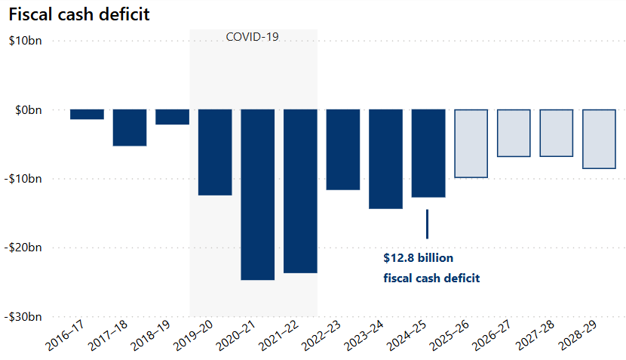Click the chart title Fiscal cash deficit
(67, 13)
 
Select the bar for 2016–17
(87, 115)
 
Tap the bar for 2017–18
(130, 128)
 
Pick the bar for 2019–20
(215, 152)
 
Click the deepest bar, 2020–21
(257, 195)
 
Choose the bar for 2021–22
(300, 191)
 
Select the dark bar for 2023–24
(385, 158)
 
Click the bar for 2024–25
(428, 153)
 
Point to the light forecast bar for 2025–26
(471, 143)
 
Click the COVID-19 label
(253, 37)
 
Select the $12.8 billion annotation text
(418, 258)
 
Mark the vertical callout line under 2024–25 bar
(427, 223)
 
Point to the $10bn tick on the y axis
(25, 41)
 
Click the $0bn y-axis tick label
(28, 110)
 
